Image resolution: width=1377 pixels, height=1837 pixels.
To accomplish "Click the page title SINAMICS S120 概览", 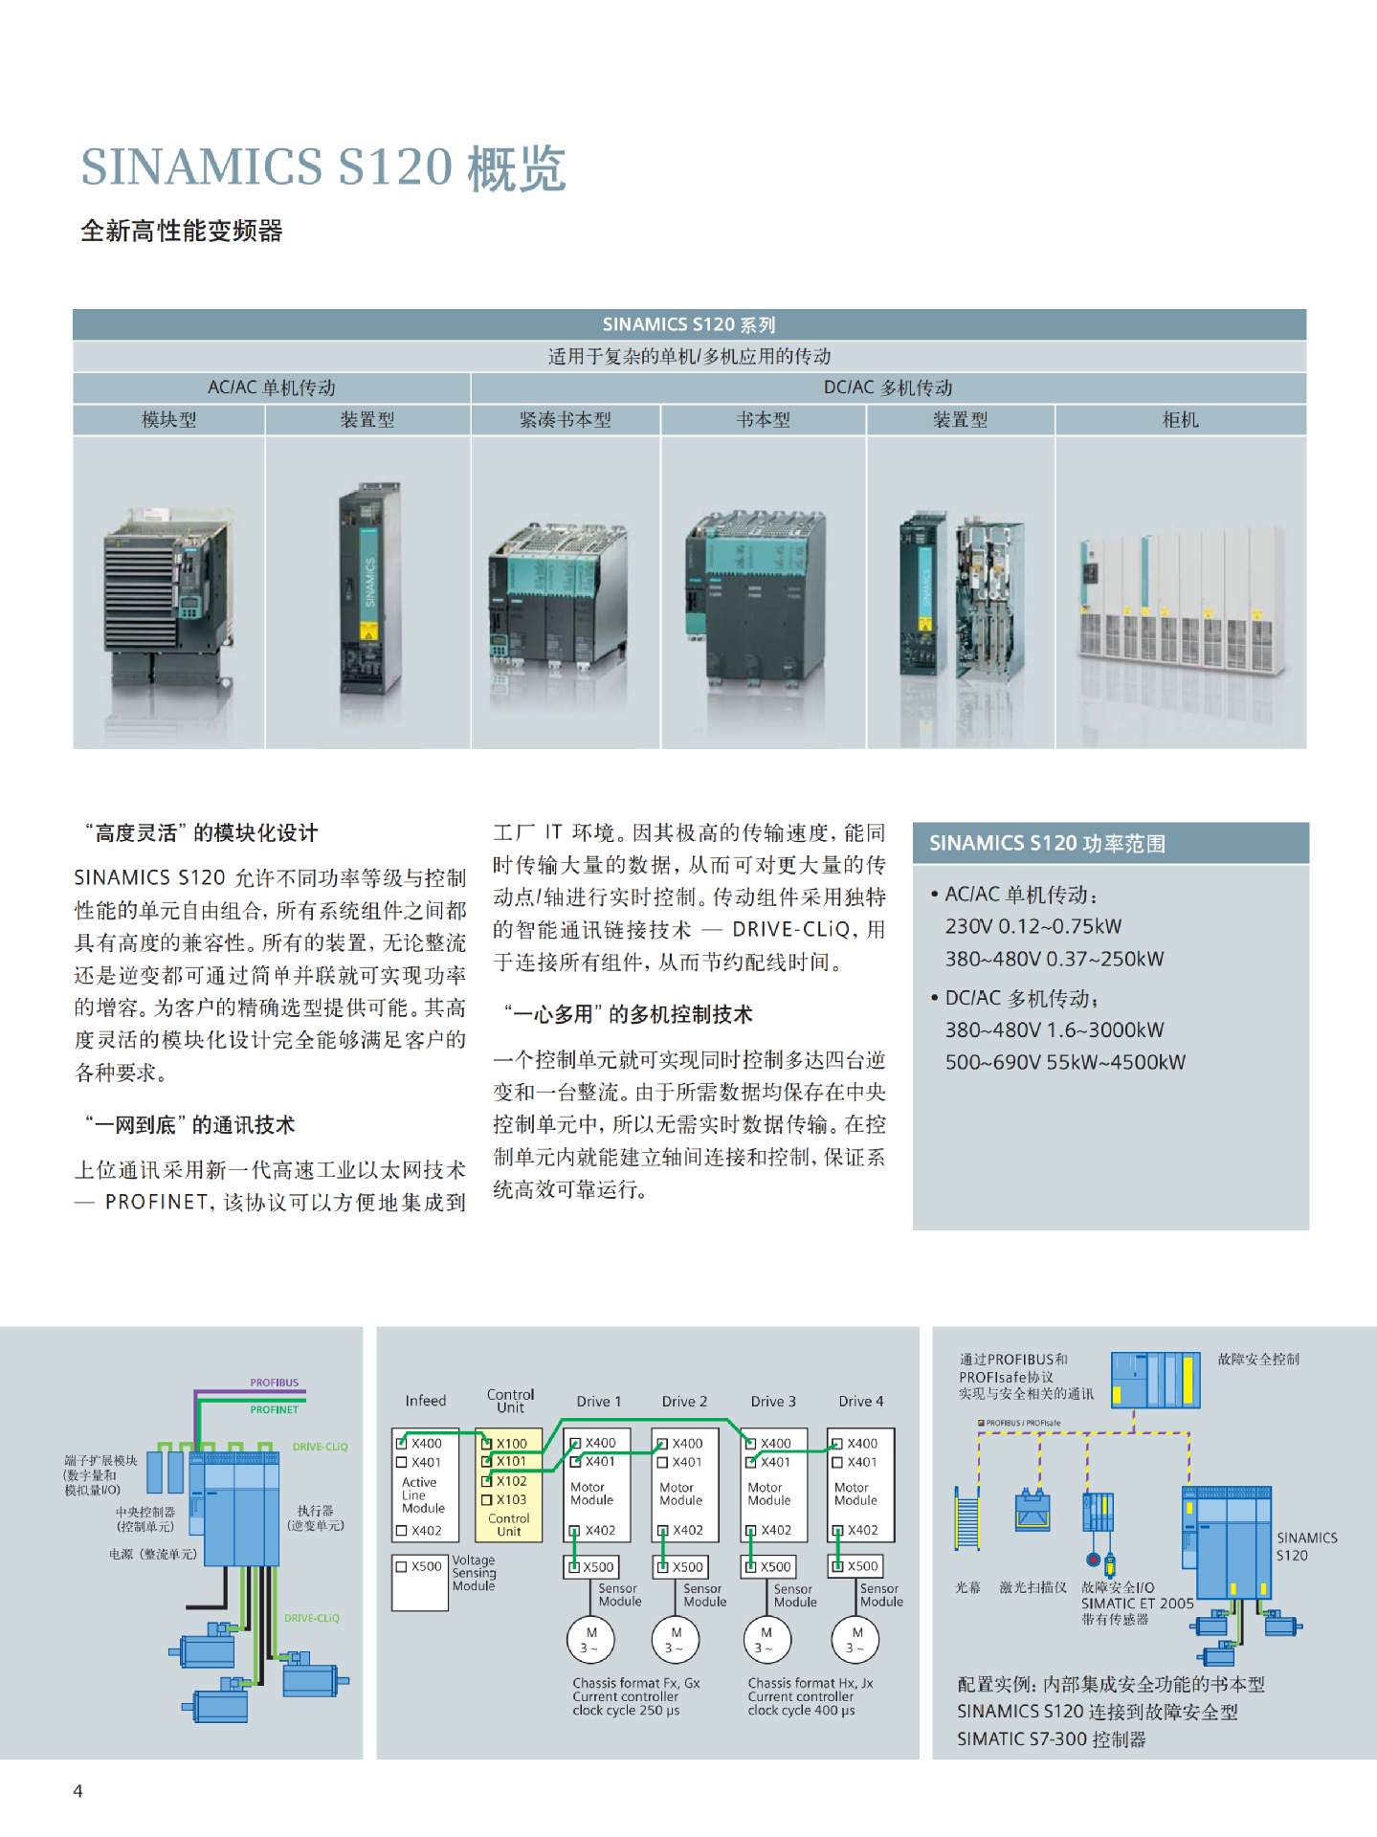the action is click(323, 167).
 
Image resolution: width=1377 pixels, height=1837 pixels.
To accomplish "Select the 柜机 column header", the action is click(1180, 420).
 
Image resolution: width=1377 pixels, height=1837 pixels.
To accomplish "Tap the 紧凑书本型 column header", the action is click(565, 420).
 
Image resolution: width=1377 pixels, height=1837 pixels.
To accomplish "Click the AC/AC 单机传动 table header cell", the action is click(272, 387).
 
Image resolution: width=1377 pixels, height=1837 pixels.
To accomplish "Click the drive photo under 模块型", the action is click(168, 593).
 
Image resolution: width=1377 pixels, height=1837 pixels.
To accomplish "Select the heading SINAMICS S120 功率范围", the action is click(1047, 843).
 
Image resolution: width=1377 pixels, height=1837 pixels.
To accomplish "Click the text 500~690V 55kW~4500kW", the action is click(1064, 1062).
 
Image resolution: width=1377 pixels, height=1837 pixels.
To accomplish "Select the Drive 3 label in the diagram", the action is click(773, 1401).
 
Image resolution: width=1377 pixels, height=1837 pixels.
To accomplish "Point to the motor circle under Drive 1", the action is click(590, 1639).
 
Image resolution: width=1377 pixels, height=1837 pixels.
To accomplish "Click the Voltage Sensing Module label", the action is click(474, 1573).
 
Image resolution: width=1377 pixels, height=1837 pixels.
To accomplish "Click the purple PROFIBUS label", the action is click(275, 1383).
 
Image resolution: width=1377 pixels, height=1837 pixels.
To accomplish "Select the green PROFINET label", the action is click(275, 1409).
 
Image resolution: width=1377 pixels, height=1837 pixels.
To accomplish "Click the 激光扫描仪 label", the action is click(1033, 1587).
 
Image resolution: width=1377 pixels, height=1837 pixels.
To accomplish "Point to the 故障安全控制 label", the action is click(1257, 1359).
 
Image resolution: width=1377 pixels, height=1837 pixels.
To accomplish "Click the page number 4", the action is click(78, 1791).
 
